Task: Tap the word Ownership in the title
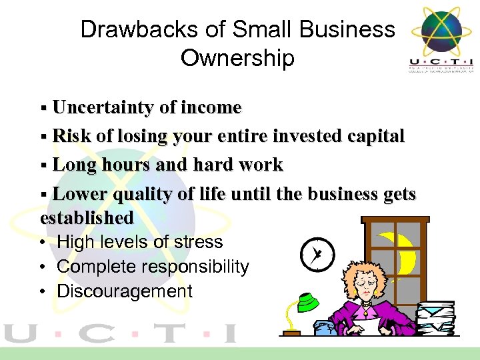[x=237, y=58]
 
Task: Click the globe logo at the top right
[x=436, y=31]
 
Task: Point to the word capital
[x=375, y=136]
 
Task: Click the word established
[x=87, y=217]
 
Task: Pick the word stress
[x=198, y=242]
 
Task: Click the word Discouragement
[x=125, y=291]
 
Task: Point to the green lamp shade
[x=307, y=304]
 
